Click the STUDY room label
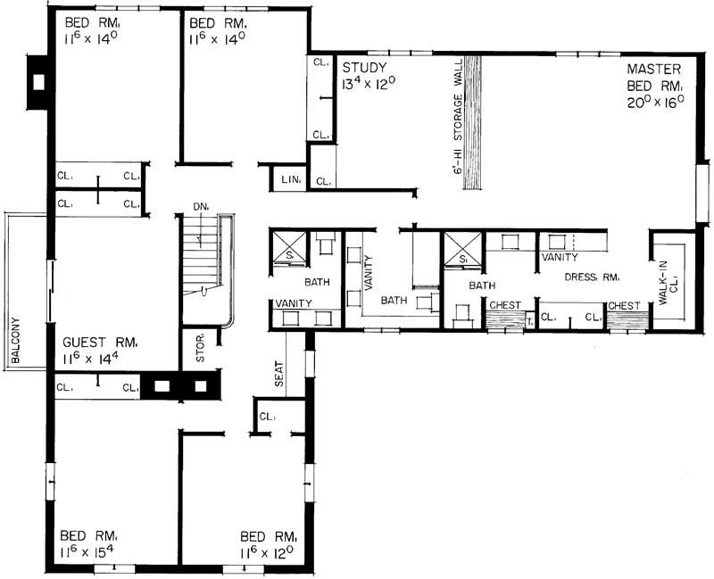pos(364,68)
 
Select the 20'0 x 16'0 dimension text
pos(655,101)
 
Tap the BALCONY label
pos(16,342)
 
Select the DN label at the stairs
pos(200,207)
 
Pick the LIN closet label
pos(289,181)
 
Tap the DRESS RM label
pos(593,277)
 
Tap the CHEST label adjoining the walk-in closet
pos(624,306)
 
